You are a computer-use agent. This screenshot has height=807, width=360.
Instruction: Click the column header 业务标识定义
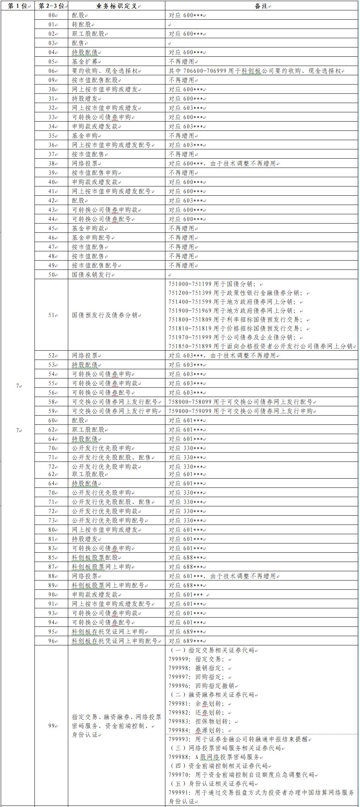click(x=116, y=6)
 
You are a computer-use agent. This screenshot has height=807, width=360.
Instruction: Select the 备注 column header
click(x=262, y=6)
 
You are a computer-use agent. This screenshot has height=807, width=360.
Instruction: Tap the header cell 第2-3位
click(x=51, y=6)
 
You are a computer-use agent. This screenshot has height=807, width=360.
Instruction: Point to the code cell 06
click(x=51, y=71)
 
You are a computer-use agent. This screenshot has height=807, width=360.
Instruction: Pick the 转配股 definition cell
click(x=82, y=24)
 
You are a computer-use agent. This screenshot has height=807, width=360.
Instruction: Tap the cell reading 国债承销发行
click(x=93, y=275)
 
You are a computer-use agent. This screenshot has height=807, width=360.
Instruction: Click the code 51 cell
click(x=51, y=315)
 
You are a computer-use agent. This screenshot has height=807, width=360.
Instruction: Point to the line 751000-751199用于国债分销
click(x=212, y=284)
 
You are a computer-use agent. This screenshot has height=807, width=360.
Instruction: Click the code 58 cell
click(x=51, y=402)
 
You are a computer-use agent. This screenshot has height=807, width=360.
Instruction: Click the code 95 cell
click(x=51, y=632)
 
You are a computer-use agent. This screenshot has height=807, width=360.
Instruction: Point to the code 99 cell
click(x=51, y=726)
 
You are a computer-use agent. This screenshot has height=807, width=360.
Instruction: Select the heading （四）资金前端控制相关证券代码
click(x=219, y=766)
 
